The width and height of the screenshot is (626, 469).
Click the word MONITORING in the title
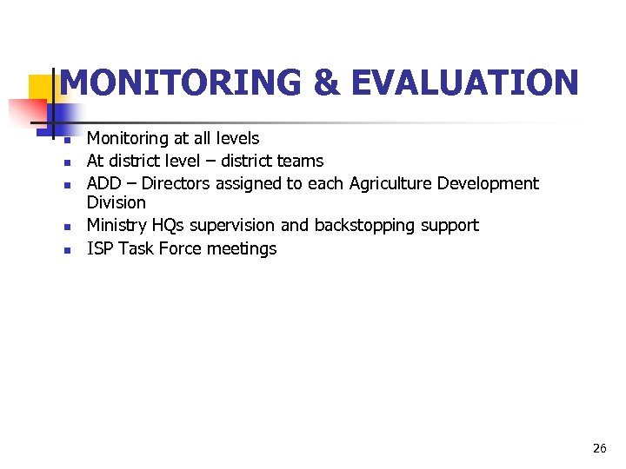pos(181,83)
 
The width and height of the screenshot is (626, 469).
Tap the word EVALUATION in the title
pos(465,83)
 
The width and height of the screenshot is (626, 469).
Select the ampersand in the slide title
pos(326,83)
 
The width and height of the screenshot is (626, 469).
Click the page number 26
pos(599,448)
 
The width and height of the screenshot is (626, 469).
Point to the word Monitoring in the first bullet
pos(128,138)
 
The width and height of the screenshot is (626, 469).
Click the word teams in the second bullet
pos(299,161)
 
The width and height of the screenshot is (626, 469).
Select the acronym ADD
pos(103,183)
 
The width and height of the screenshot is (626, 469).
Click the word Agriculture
pos(390,183)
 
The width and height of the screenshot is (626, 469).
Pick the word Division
pos(117,202)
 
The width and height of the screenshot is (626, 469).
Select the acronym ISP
pos(100,248)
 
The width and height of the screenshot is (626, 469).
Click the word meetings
pos(242,249)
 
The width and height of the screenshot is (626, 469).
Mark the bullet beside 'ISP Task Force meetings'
pos(66,250)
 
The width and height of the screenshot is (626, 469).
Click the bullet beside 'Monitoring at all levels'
pos(66,139)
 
